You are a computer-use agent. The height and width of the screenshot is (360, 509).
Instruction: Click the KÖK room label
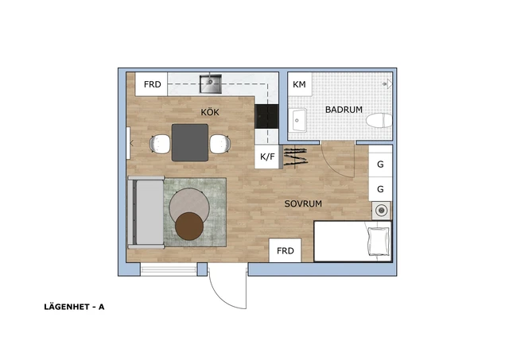(x=210, y=112)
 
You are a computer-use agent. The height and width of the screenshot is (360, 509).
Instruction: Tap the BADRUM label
(x=344, y=110)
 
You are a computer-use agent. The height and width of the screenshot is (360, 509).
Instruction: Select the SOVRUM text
(x=303, y=203)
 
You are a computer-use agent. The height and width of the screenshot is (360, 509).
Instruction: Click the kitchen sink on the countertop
(x=210, y=83)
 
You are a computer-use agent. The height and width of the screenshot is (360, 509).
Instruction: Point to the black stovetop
(x=266, y=117)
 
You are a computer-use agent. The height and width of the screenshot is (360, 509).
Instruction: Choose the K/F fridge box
(x=267, y=157)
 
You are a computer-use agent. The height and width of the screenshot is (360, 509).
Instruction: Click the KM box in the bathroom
(x=300, y=84)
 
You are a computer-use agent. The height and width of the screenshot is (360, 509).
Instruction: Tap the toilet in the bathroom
(x=379, y=120)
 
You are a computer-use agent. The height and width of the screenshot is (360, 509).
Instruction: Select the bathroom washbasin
(x=299, y=120)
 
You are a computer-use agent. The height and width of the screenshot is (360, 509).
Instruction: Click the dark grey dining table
(x=190, y=142)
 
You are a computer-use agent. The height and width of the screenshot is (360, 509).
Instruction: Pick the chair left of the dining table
(x=160, y=144)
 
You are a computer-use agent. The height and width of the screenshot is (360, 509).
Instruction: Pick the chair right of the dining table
(x=220, y=144)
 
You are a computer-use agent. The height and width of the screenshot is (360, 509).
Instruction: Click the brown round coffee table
(x=189, y=226)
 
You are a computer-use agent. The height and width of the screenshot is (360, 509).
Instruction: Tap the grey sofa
(x=146, y=212)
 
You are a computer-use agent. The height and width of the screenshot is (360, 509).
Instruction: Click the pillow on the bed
(x=379, y=242)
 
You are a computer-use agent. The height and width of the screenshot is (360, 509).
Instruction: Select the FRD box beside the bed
(x=286, y=250)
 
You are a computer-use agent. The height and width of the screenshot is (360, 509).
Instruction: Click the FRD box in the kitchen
(x=151, y=84)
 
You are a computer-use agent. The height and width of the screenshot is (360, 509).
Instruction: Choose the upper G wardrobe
(x=380, y=165)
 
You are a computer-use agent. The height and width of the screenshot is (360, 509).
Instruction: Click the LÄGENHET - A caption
(x=74, y=307)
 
